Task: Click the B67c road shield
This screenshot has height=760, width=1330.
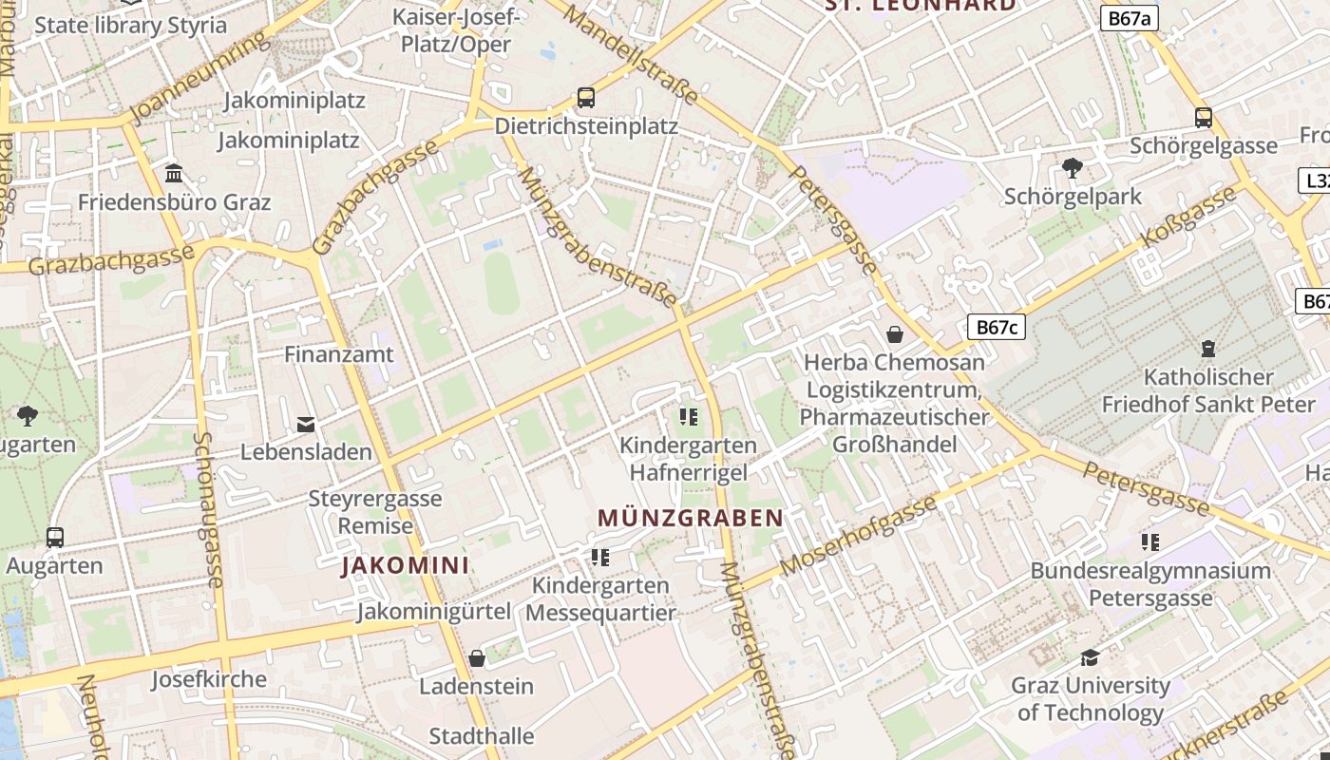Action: coord(997,328)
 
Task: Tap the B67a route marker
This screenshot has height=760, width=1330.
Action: coord(1130,18)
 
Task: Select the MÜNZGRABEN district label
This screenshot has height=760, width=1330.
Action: coord(691,518)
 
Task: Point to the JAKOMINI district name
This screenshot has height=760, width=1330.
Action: coord(405,565)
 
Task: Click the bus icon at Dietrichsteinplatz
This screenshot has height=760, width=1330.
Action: coord(586,97)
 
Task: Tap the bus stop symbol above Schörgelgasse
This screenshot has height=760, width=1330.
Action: coord(1204,117)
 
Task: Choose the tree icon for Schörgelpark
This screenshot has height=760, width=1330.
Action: coord(1073,168)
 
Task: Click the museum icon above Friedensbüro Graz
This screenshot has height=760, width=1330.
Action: coord(174,173)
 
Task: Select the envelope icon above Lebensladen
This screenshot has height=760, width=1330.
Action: coord(306,424)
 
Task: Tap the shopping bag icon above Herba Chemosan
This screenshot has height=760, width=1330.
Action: coord(894,333)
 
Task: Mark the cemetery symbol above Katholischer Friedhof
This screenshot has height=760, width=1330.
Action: coord(1208,348)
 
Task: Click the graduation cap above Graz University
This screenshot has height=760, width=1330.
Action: coord(1090,657)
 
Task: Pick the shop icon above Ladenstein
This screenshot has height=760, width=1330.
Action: coord(477,658)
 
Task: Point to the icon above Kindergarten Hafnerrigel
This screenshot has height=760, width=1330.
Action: coord(689,416)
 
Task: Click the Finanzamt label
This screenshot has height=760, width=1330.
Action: coord(339,354)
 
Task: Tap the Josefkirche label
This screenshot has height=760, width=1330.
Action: coord(209,679)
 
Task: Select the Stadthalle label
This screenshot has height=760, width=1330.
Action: coord(482,735)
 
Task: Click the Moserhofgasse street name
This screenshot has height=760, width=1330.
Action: coord(859,535)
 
